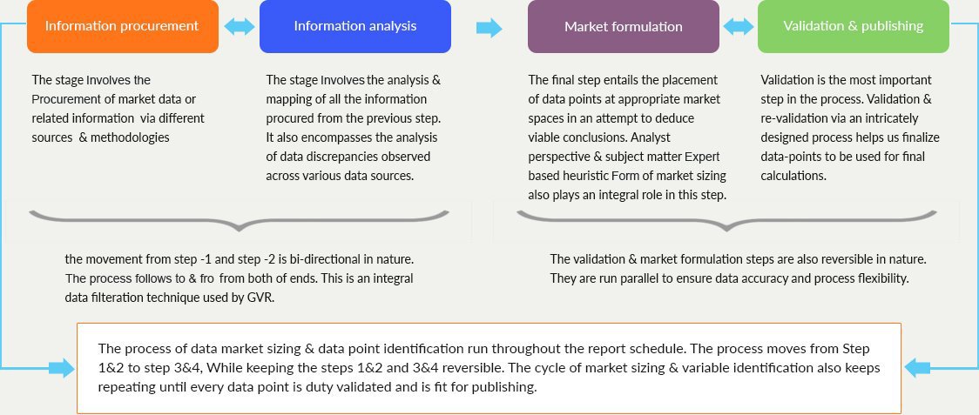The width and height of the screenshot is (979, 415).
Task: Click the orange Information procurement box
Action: tap(122, 26)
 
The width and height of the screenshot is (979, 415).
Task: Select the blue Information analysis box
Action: tap(355, 26)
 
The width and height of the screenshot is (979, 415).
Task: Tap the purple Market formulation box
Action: tap(623, 26)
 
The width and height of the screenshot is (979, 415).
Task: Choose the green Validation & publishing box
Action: tap(854, 26)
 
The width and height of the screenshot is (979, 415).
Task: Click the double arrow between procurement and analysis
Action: tap(240, 26)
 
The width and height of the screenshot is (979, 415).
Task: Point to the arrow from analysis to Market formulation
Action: tap(489, 28)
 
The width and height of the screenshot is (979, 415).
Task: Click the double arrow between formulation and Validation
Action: tap(739, 26)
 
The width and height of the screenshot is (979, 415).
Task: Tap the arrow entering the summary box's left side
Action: tap(61, 367)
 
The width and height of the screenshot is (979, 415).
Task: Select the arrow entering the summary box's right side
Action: tap(917, 367)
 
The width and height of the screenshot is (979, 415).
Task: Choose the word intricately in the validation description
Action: tap(892, 118)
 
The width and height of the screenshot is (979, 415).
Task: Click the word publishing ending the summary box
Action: tap(505, 387)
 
